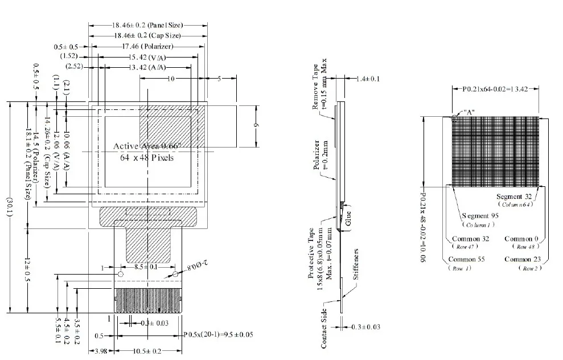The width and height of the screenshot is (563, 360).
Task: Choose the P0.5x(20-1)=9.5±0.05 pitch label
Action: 219,335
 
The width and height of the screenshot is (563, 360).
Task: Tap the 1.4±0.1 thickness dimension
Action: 367,79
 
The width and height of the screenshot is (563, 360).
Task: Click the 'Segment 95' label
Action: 481,216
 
